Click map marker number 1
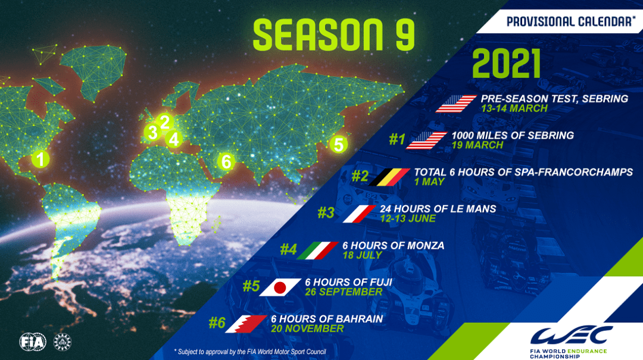pyautogui.click(x=40, y=159)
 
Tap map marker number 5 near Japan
pyautogui.click(x=339, y=145)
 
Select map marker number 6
pyautogui.click(x=226, y=161)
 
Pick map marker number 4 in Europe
pyautogui.click(x=174, y=139)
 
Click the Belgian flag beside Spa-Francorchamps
pyautogui.click(x=389, y=177)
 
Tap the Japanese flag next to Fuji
pyautogui.click(x=280, y=287)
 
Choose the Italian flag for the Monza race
pyautogui.click(x=318, y=251)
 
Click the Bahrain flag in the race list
pyautogui.click(x=246, y=324)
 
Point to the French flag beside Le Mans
pyautogui.click(x=359, y=214)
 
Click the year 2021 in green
pyautogui.click(x=507, y=64)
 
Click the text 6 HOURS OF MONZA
pyautogui.click(x=394, y=246)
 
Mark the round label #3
pyautogui.click(x=326, y=213)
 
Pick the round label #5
pyautogui.click(x=251, y=286)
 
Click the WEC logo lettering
pyautogui.click(x=571, y=336)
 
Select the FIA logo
pyautogui.click(x=33, y=342)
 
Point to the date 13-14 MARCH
pyautogui.click(x=514, y=109)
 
